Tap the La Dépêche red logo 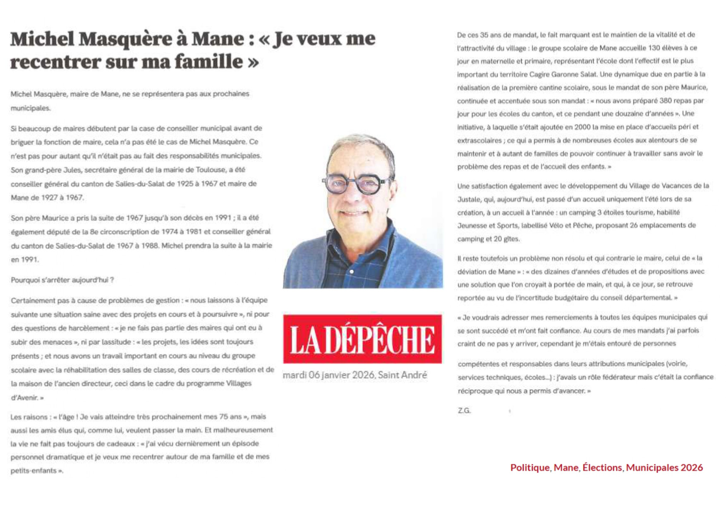click(x=362, y=339)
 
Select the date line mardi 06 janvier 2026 click(x=328, y=375)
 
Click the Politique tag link click(x=530, y=468)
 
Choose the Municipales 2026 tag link click(x=664, y=468)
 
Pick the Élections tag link click(x=602, y=468)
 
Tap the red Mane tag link click(x=566, y=468)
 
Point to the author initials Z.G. click(x=464, y=411)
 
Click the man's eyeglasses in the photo click(x=357, y=184)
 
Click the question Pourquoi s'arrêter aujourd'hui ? click(x=62, y=280)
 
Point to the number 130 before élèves click(x=654, y=48)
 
